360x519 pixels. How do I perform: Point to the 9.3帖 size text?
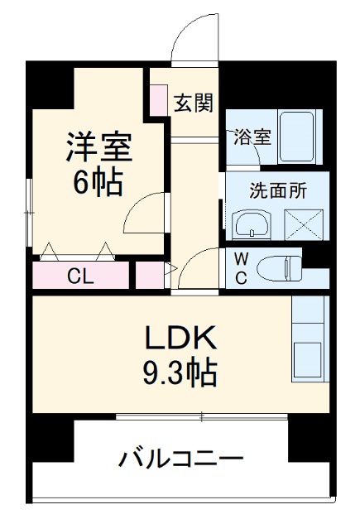pos(181,373)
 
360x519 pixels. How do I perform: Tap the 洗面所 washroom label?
pos(278,190)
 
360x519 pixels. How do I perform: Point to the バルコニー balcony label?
pos(181,458)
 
